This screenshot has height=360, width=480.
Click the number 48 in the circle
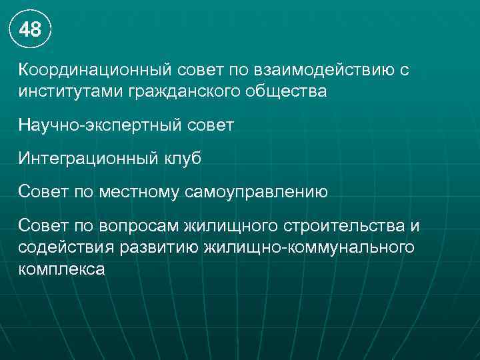tap(30, 30)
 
